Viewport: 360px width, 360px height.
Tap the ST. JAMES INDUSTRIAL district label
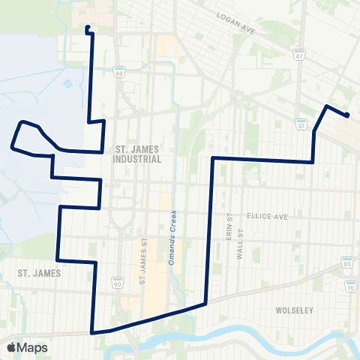(136, 154)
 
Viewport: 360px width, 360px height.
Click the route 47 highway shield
(298, 55)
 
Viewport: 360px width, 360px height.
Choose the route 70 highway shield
(350, 287)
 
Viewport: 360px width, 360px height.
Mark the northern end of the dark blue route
(88, 28)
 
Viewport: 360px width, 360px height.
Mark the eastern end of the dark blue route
(347, 115)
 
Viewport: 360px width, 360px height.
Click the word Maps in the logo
(32, 347)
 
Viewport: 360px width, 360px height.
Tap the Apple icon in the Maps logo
(11, 346)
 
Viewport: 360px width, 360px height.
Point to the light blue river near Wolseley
(225, 335)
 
